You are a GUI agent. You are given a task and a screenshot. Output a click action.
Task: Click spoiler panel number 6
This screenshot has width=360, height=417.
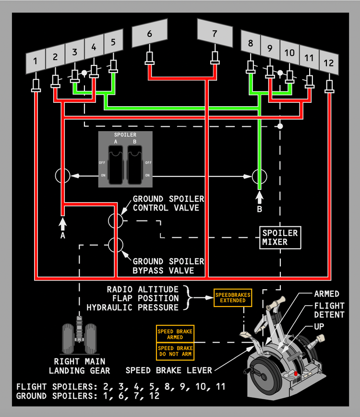(150, 33)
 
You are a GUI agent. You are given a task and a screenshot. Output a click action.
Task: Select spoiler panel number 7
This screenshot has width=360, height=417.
(215, 33)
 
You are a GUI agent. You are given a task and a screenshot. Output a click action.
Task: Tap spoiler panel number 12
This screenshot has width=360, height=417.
(329, 63)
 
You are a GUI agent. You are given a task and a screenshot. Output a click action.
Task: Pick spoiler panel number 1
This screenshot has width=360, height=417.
(36, 61)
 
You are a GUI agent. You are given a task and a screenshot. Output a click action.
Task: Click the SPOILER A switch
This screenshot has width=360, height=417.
(116, 165)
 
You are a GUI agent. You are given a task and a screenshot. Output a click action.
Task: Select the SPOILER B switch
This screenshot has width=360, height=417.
(135, 165)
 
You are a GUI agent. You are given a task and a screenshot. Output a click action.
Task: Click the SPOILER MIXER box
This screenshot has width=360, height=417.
(280, 237)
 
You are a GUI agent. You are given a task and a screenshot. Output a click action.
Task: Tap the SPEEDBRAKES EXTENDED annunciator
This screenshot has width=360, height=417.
(233, 297)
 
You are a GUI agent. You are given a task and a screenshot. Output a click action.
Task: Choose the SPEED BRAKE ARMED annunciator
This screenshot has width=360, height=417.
(175, 334)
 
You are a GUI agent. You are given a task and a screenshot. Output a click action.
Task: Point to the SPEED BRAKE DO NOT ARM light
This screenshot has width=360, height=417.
(175, 351)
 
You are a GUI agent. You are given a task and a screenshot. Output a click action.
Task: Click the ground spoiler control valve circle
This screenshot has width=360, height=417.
(116, 221)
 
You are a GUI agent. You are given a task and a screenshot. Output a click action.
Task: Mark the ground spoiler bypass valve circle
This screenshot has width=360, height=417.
(116, 245)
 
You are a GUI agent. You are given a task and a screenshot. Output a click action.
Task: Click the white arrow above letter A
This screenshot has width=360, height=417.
(63, 224)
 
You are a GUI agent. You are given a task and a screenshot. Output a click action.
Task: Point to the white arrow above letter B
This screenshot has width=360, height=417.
(260, 198)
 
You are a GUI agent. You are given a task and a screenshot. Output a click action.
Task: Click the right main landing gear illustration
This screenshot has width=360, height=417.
(79, 335)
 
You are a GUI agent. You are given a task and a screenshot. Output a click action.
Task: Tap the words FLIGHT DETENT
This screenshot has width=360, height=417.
(329, 310)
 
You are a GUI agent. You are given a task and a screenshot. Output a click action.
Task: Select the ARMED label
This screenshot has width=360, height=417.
(326, 294)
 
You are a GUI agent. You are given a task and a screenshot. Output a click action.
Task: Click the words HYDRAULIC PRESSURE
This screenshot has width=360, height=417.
(132, 307)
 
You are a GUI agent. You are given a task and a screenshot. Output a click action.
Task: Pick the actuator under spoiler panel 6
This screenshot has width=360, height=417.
(150, 58)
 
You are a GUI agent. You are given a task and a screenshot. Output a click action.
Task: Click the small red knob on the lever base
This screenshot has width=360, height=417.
(296, 374)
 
